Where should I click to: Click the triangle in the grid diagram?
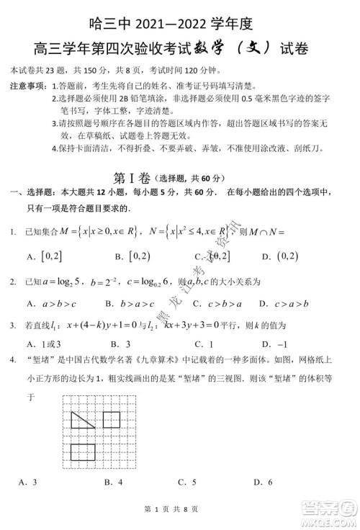click(x=81, y=419)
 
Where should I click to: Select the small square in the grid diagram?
click(x=112, y=418)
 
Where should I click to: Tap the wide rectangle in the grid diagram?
click(x=84, y=452)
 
